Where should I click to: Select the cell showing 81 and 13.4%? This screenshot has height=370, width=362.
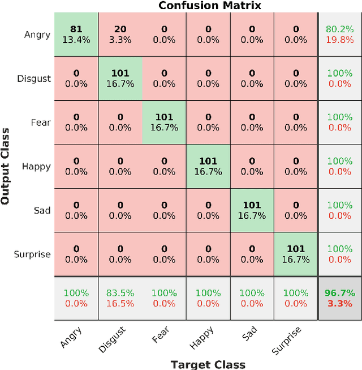pos(76,34)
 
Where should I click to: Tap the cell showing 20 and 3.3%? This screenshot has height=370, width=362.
pos(120,34)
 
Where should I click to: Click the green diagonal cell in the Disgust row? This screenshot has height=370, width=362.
pos(120,78)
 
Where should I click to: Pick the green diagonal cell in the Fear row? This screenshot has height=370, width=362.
pos(164,122)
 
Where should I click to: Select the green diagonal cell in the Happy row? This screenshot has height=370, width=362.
pos(208,166)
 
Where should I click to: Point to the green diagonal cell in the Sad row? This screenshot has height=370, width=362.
pos(252,210)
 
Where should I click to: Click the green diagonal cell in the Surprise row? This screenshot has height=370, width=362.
pos(296,254)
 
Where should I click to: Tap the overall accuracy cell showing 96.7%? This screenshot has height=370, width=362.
pos(339,298)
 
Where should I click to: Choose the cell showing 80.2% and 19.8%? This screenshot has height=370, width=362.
pos(339,34)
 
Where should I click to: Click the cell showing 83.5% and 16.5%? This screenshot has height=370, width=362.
pos(120,298)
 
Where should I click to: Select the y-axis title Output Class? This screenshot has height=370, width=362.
pos(6,166)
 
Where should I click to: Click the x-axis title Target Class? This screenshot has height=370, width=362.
pos(208,364)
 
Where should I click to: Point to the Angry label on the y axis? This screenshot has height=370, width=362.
pos(37,35)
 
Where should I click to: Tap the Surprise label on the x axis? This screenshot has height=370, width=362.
pos(287,339)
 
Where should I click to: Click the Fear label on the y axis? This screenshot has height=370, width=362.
pos(41,122)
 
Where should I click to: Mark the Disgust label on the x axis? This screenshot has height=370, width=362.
pos(113,339)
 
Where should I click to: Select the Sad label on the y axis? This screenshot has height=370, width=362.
pos(42,210)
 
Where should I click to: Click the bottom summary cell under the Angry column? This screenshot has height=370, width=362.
pos(76,298)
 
